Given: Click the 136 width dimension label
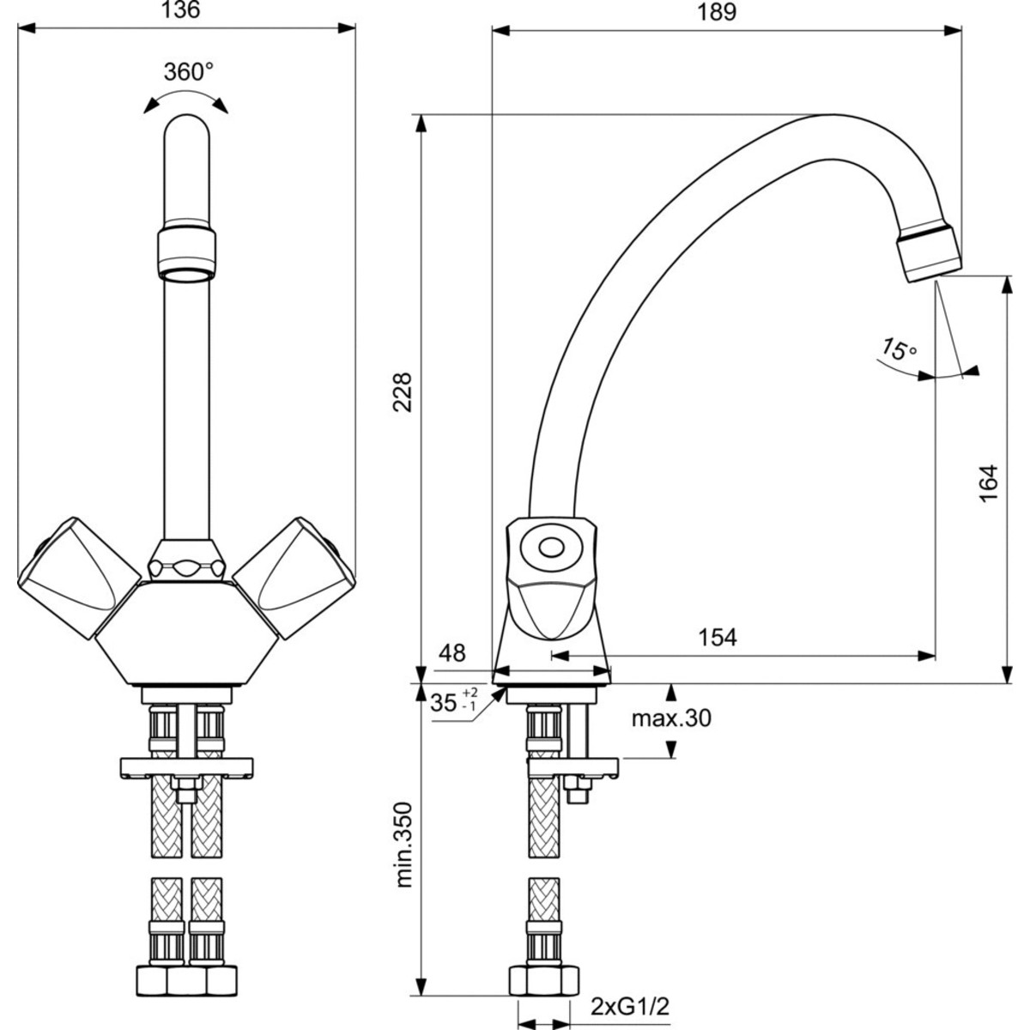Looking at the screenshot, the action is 180,9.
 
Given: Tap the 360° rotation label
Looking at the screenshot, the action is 188,71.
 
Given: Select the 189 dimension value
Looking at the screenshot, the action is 717,12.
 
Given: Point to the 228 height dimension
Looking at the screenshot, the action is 403,391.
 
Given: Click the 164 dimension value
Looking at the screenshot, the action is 988,483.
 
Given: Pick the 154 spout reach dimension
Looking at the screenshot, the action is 718,637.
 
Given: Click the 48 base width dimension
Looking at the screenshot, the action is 452,652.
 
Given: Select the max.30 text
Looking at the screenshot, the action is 671,718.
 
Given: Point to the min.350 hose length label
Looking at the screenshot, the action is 403,845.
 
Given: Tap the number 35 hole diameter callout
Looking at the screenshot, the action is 444,703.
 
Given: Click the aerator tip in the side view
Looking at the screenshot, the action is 929,253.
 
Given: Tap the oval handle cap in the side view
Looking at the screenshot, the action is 551,548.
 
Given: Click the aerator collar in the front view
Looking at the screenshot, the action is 187,253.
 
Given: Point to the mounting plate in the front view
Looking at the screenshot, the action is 186,768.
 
